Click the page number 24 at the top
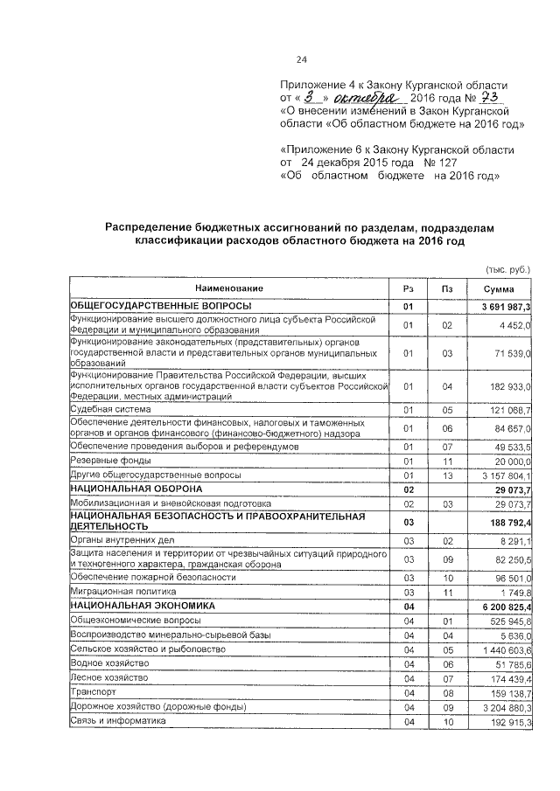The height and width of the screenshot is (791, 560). point(302,59)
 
